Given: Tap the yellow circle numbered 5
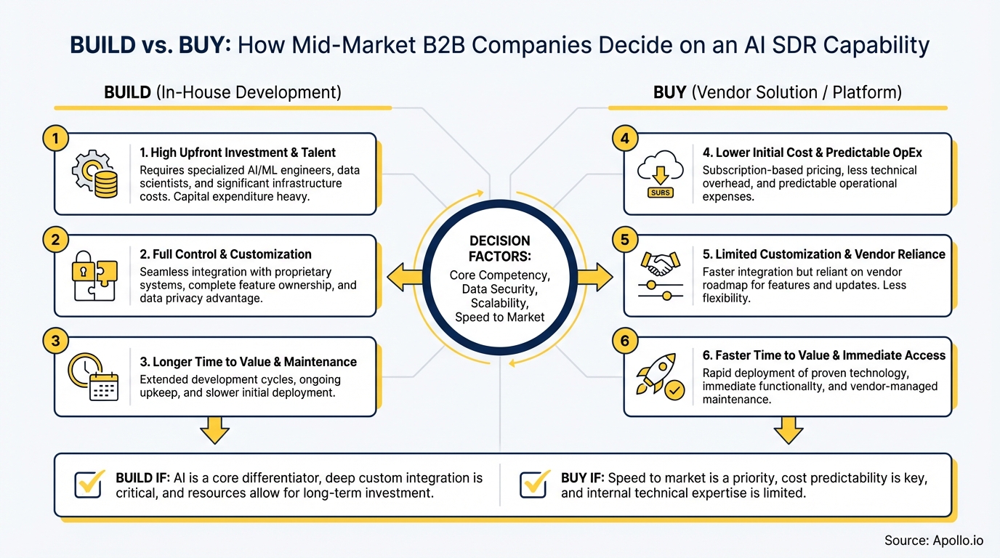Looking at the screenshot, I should (626, 239).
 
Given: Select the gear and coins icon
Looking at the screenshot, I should (94, 174).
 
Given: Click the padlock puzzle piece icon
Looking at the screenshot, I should (94, 275).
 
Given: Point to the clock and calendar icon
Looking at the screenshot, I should (93, 376).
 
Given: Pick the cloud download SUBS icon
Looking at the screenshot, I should (661, 174).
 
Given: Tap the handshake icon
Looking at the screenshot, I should (661, 275).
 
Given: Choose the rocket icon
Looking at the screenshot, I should (659, 376).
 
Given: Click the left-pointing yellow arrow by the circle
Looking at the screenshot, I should (406, 277).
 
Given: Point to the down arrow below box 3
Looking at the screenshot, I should (215, 429).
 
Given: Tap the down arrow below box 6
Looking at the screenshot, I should (788, 429).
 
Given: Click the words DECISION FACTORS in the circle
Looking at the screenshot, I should (500, 248).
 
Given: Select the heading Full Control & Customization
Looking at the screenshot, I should (225, 254).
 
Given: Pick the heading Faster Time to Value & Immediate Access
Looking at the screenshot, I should (823, 355).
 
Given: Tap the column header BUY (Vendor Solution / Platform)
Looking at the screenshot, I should (777, 92).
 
